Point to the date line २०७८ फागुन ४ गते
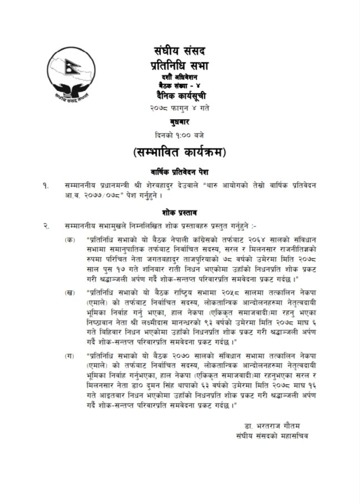click(x=180, y=107)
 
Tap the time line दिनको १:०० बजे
click(x=180, y=134)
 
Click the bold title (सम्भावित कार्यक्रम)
click(x=180, y=152)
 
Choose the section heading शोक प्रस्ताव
click(x=180, y=212)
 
